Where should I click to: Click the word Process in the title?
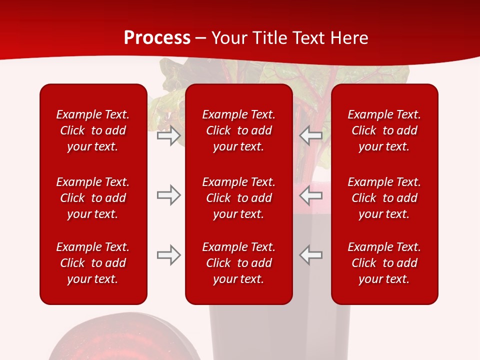pyautogui.click(x=157, y=38)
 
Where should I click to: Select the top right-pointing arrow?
pyautogui.click(x=169, y=135)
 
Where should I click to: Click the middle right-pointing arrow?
pyautogui.click(x=169, y=195)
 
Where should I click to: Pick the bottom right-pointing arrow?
pyautogui.click(x=169, y=255)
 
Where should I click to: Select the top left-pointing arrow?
pyautogui.click(x=310, y=135)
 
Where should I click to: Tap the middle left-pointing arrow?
pyautogui.click(x=310, y=195)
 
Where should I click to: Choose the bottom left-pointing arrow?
pyautogui.click(x=310, y=255)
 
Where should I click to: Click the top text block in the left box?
pyautogui.click(x=93, y=130)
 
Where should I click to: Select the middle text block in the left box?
pyautogui.click(x=93, y=198)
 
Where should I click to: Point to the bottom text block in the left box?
pyautogui.click(x=93, y=263)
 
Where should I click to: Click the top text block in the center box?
pyautogui.click(x=239, y=130)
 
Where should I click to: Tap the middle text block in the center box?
pyautogui.click(x=239, y=198)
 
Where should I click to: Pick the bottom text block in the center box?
pyautogui.click(x=239, y=263)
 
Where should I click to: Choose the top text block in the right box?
pyautogui.click(x=384, y=130)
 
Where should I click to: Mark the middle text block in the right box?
pyautogui.click(x=384, y=198)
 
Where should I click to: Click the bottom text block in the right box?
pyautogui.click(x=384, y=263)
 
